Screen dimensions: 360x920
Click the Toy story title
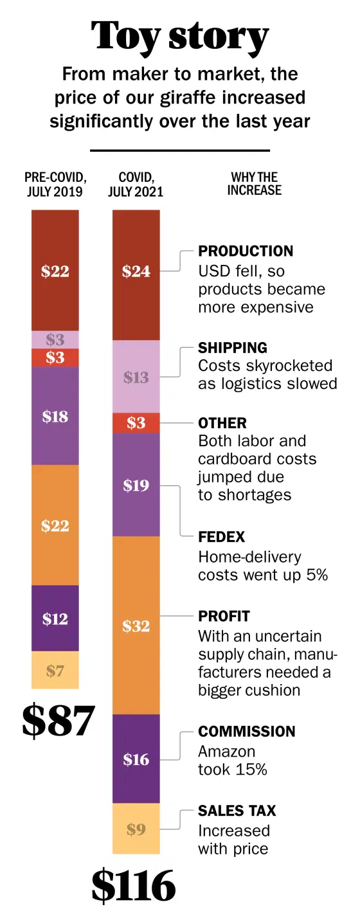pos(180,37)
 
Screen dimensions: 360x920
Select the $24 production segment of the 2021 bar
pos(136,275)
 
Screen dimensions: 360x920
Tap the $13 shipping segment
pos(136,376)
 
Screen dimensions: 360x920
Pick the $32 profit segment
pos(136,625)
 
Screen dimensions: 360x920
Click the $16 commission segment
pos(136,759)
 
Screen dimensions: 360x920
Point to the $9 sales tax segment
pos(136,829)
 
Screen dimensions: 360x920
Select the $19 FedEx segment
pos(136,485)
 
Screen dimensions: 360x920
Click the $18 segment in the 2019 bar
pos(55,416)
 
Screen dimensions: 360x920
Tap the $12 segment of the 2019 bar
pos(55,618)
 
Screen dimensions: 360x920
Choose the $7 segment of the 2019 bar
pos(55,670)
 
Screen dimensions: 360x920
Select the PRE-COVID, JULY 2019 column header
pos(55,185)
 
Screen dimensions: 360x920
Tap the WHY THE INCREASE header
pos(255,184)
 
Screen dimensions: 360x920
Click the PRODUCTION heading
pos(246,251)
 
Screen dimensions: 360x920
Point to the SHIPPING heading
pos(232,348)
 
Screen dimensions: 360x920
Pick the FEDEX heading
pos(221,537)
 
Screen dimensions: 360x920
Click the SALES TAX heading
pos(237,810)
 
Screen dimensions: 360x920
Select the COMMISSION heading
pos(247,731)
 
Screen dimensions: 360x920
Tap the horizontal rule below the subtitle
pos(180,150)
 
